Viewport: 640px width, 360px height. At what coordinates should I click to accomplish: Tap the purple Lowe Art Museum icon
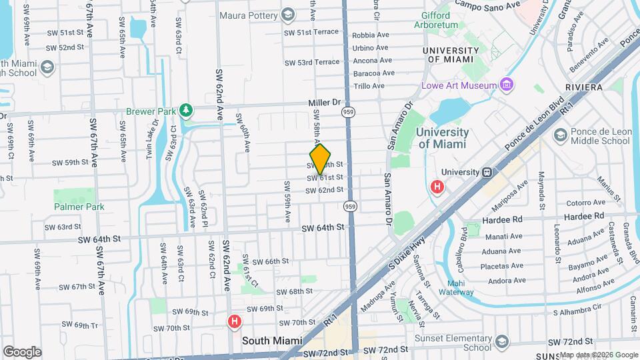point(507,85)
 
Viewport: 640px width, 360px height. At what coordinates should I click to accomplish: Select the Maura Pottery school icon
point(288,14)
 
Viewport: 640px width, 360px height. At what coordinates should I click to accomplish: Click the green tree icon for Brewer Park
point(187,110)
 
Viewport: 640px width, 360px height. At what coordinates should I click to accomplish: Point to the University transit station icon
point(487,172)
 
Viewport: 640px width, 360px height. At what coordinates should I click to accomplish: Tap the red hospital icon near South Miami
point(234,322)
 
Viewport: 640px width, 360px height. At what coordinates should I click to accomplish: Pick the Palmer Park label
point(79,207)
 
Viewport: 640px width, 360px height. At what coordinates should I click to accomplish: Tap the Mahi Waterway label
point(456,287)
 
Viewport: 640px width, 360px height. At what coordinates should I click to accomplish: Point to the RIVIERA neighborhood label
point(583,87)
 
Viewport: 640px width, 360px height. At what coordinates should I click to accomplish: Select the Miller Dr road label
point(325,103)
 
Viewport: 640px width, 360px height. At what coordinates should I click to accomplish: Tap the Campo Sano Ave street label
point(487,5)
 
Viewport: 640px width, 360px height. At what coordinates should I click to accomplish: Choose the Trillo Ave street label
point(369,86)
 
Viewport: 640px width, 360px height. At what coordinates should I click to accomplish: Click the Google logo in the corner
point(22,352)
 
